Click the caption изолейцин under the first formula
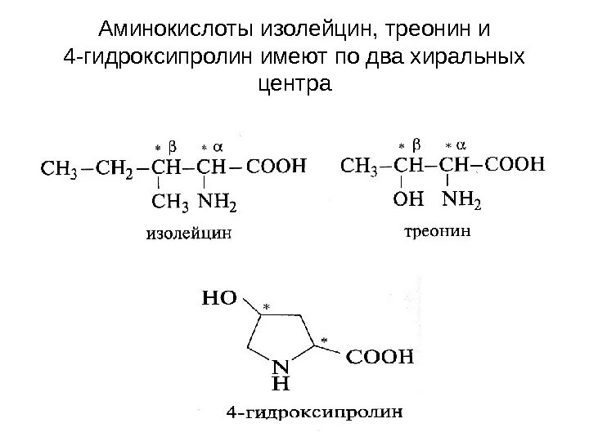tap(189, 233)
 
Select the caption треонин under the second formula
tap(438, 232)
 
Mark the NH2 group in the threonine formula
tap(461, 199)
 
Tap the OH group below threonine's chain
tap(408, 199)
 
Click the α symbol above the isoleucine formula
tap(218, 147)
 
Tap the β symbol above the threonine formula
tap(417, 145)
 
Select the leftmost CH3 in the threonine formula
tap(357, 167)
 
